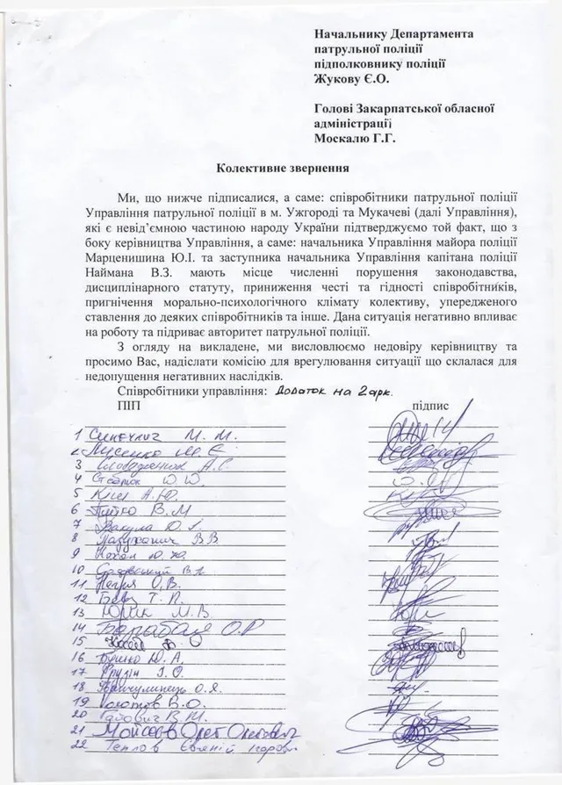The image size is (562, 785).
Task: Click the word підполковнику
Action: coord(357,62)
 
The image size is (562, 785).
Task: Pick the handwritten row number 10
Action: coord(80,571)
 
